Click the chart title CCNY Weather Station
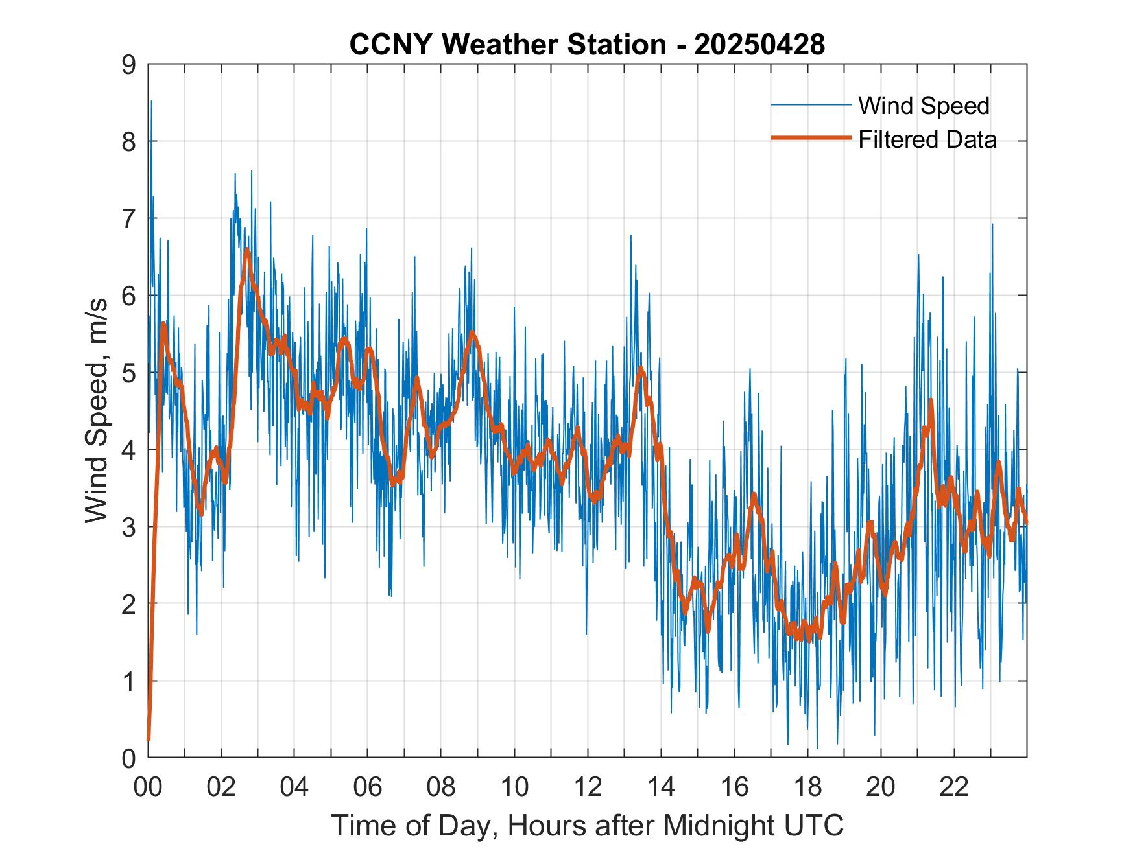507,45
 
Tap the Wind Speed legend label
924,106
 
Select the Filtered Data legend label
927,139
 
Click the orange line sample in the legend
811,138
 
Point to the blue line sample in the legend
811,105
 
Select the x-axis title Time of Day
587,826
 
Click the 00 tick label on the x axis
148,787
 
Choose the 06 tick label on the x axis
368,787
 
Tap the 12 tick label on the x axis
588,787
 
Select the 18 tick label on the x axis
807,787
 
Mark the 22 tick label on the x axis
954,787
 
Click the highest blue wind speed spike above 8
151,102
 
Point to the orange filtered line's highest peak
246,250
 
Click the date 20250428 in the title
759,45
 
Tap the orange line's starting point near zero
149,739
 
